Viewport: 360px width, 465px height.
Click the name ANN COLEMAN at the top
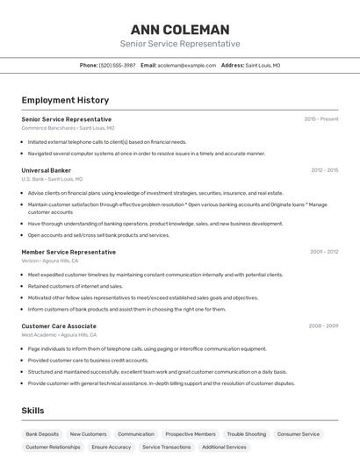pyautogui.click(x=180, y=29)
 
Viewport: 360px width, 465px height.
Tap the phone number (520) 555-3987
pyautogui.click(x=118, y=65)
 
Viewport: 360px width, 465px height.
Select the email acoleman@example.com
pyautogui.click(x=186, y=65)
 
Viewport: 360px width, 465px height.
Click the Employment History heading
pyautogui.click(x=65, y=100)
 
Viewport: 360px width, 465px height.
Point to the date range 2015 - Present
pyautogui.click(x=321, y=118)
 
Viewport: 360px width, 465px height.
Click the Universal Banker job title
pyautogui.click(x=47, y=170)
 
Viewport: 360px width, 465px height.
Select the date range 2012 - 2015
pyautogui.click(x=324, y=170)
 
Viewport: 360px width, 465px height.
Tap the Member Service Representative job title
pyautogui.click(x=68, y=252)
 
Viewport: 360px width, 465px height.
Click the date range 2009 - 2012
pyautogui.click(x=324, y=252)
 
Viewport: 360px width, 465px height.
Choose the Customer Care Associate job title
pyautogui.click(x=59, y=325)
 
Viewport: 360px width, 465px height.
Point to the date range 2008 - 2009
pyautogui.click(x=323, y=325)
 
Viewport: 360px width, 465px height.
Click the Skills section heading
pyautogui.click(x=33, y=411)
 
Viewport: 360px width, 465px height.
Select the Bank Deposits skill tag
pyautogui.click(x=42, y=433)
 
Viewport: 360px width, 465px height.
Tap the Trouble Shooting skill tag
pyautogui.click(x=246, y=433)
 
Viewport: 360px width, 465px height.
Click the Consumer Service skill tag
pyautogui.click(x=299, y=433)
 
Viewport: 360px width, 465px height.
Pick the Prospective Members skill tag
pyautogui.click(x=191, y=433)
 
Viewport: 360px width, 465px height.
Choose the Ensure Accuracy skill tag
pyautogui.click(x=112, y=447)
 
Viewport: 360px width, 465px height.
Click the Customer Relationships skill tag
pyautogui.click(x=53, y=447)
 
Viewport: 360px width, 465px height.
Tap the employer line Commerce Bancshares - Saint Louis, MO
pyautogui.click(x=68, y=127)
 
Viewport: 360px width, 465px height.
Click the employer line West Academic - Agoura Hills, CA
pyautogui.click(x=59, y=334)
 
